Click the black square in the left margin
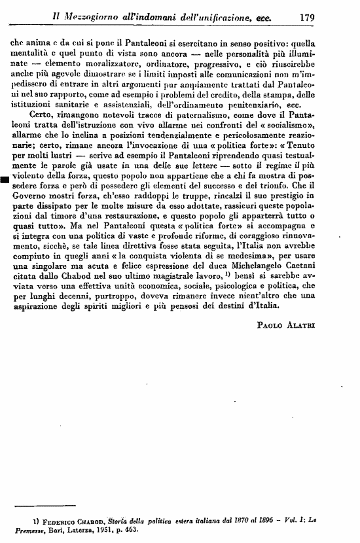click(5, 181)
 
